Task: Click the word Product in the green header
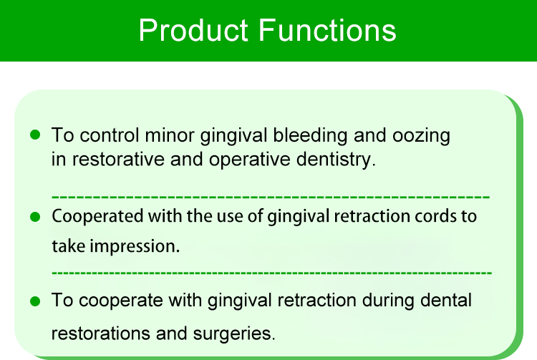pos(193,30)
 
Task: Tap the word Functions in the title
pos(327,30)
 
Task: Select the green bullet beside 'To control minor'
pos(35,135)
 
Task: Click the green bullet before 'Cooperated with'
pos(35,217)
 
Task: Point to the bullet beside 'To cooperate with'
pos(35,301)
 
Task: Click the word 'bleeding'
pos(310,135)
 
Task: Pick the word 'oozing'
pos(421,136)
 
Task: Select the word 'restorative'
pos(118,160)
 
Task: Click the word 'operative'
pos(250,160)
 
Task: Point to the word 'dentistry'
pos(334,160)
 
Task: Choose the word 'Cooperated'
pos(97,217)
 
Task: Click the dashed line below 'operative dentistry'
pos(271,197)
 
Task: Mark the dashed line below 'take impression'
pos(271,273)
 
